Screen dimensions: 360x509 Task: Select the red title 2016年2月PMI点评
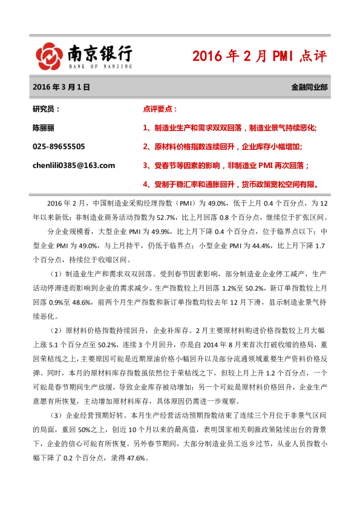point(259,56)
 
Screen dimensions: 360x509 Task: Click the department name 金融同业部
point(309,87)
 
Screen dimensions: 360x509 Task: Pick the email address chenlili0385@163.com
point(73,165)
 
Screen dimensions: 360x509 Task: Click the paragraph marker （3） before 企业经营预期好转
point(56,417)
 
